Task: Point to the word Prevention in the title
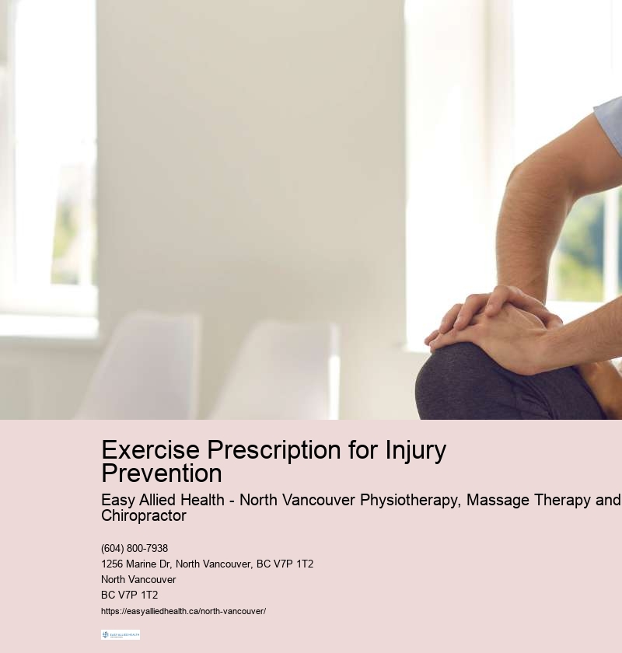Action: pos(162,473)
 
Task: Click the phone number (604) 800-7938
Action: pos(135,548)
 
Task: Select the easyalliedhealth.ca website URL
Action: pos(183,611)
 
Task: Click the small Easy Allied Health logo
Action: pos(121,634)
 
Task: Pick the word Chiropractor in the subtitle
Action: pos(144,515)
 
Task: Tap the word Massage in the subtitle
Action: pos(498,500)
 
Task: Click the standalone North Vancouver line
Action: pos(138,579)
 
